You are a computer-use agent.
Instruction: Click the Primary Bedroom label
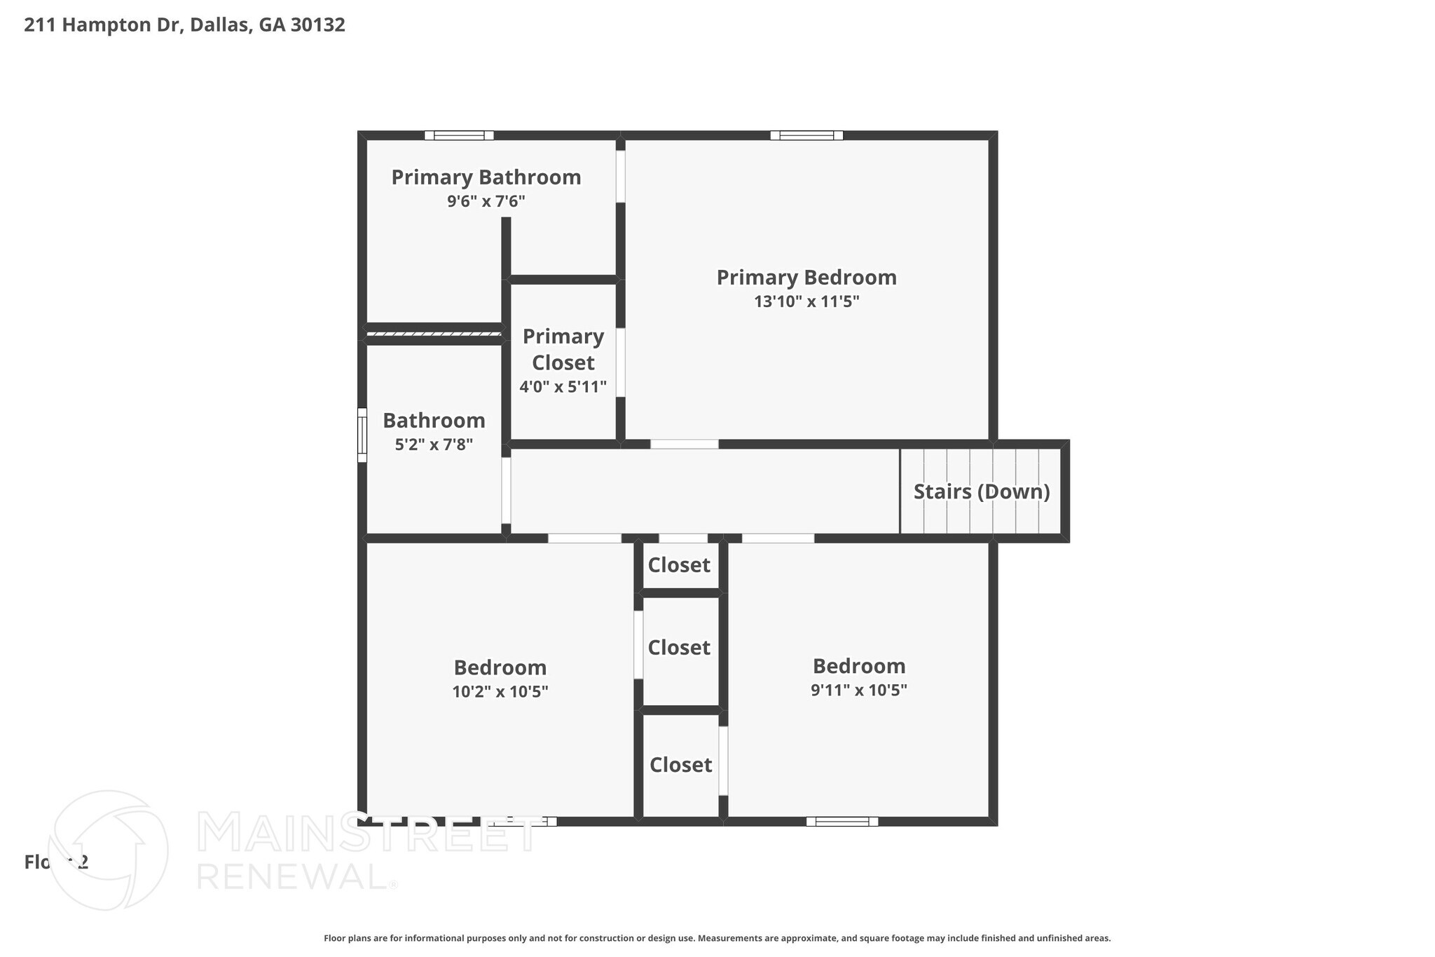pos(806,278)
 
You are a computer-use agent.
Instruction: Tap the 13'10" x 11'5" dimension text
pos(806,302)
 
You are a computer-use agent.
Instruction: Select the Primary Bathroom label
pos(486,177)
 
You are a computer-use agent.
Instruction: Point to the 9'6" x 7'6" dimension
pos(486,202)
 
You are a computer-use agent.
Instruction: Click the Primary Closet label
pos(563,349)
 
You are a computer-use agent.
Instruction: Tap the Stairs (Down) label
pos(981,491)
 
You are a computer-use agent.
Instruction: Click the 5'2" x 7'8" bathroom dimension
pos(434,444)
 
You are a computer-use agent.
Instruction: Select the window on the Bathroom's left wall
pos(362,435)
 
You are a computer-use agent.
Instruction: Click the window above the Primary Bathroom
pos(459,135)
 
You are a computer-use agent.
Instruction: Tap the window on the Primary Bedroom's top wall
pos(806,135)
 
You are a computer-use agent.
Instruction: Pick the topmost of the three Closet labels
pos(678,565)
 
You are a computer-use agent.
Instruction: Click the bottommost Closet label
pos(680,765)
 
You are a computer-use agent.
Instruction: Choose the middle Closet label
pos(678,648)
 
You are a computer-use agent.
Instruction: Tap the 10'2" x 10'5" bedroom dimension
pos(500,692)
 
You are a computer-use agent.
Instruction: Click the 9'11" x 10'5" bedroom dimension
pos(858,690)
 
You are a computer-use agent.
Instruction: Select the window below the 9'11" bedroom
pos(842,821)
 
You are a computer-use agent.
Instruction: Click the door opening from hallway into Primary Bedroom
pos(684,444)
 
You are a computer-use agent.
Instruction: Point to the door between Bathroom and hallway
pos(506,490)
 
